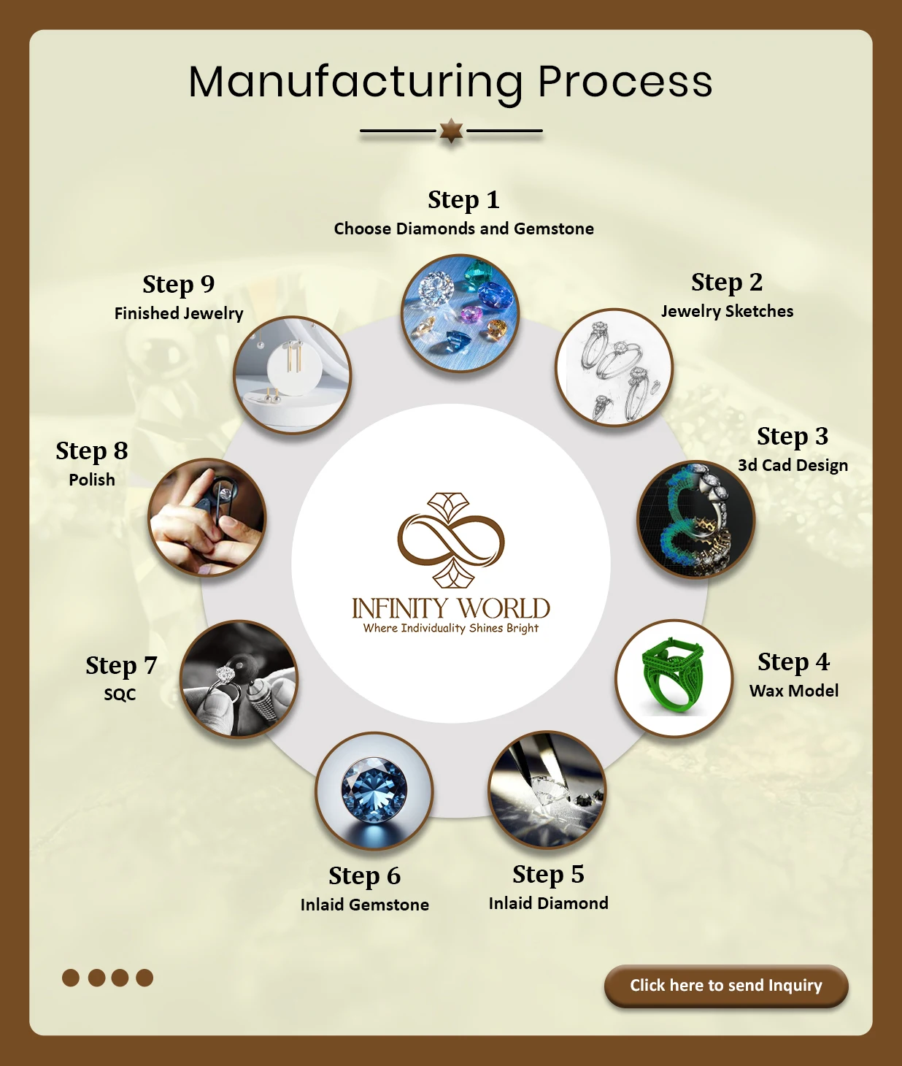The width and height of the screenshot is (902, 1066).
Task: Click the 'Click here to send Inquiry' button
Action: [x=726, y=986]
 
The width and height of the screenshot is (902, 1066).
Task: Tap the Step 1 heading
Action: [x=463, y=200]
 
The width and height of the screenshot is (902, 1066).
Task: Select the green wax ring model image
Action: [x=674, y=678]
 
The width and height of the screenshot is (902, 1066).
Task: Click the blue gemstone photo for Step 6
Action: [x=374, y=791]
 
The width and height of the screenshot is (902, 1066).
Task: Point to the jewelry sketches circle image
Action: [x=614, y=367]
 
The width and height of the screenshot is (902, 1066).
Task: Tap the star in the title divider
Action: [x=451, y=131]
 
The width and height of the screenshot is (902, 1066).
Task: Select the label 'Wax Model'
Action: [x=794, y=691]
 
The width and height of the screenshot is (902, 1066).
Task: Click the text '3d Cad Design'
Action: [x=793, y=465]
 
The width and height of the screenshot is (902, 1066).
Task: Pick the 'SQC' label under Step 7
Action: [x=120, y=694]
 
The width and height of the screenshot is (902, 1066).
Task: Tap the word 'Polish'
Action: [x=92, y=480]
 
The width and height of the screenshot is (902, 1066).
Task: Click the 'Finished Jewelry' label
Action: [x=179, y=313]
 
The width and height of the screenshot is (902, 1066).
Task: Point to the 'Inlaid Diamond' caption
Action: [x=548, y=903]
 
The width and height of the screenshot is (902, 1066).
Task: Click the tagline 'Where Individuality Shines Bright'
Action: [x=451, y=628]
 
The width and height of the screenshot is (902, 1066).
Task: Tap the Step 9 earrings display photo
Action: [x=292, y=375]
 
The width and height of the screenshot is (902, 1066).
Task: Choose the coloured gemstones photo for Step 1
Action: [x=460, y=312]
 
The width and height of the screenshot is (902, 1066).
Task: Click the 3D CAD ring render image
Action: [x=696, y=519]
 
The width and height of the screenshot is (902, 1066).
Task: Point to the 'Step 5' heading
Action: [x=548, y=874]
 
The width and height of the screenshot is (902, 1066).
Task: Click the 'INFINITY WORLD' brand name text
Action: [x=451, y=608]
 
